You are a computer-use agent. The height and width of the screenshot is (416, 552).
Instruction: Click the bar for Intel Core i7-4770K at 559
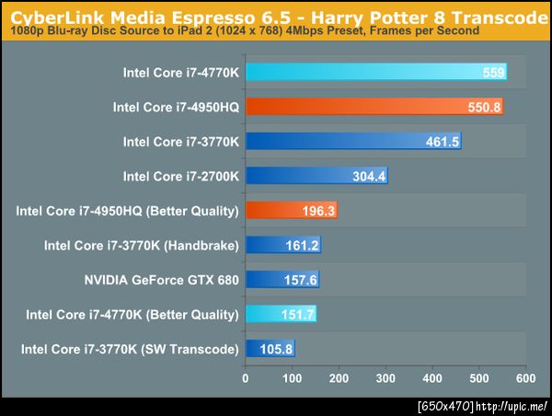pos(375,73)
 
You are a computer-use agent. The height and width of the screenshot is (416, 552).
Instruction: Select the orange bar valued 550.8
pos(374,107)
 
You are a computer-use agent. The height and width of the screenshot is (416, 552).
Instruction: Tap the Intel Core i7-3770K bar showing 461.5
pos(352,142)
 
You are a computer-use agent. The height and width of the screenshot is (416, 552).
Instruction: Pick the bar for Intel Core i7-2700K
pos(316,176)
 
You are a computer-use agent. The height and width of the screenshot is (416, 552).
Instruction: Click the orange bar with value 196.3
pos(290,211)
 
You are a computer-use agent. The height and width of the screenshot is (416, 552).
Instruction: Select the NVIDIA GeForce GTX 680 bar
pos(282,280)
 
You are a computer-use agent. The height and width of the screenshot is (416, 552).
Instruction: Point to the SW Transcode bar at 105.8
pos(269,349)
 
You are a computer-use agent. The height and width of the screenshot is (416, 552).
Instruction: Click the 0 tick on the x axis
pos(245,377)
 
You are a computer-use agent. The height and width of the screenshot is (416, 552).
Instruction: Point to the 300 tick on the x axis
pos(385,377)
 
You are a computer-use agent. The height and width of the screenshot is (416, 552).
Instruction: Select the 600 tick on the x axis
pos(525,377)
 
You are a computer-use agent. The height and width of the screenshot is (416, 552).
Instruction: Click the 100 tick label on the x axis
pos(292,377)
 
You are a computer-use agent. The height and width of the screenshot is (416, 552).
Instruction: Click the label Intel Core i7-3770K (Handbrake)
pos(142,246)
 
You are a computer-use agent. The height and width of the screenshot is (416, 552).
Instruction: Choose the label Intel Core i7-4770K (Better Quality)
pos(132,315)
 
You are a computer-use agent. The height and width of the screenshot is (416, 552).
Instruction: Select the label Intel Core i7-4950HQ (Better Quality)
pos(128,211)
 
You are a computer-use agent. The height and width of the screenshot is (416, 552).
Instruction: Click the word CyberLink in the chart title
pos(48,12)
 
